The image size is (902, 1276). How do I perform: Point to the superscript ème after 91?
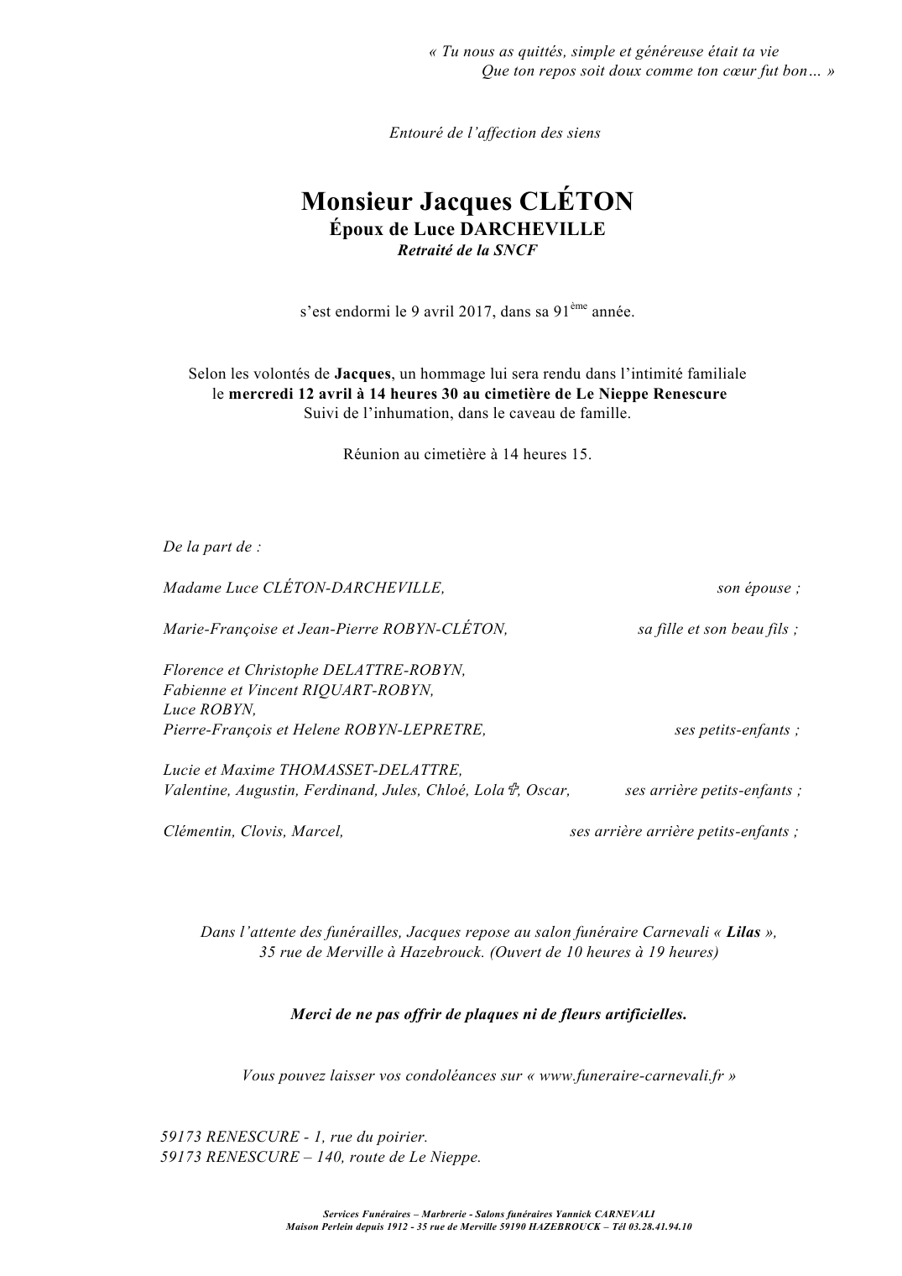580,306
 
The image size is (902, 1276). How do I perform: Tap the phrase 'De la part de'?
211,546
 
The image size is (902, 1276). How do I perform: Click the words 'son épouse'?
758,588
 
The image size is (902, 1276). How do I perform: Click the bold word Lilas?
743,932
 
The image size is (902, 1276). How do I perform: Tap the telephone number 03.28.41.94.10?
661,1226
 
